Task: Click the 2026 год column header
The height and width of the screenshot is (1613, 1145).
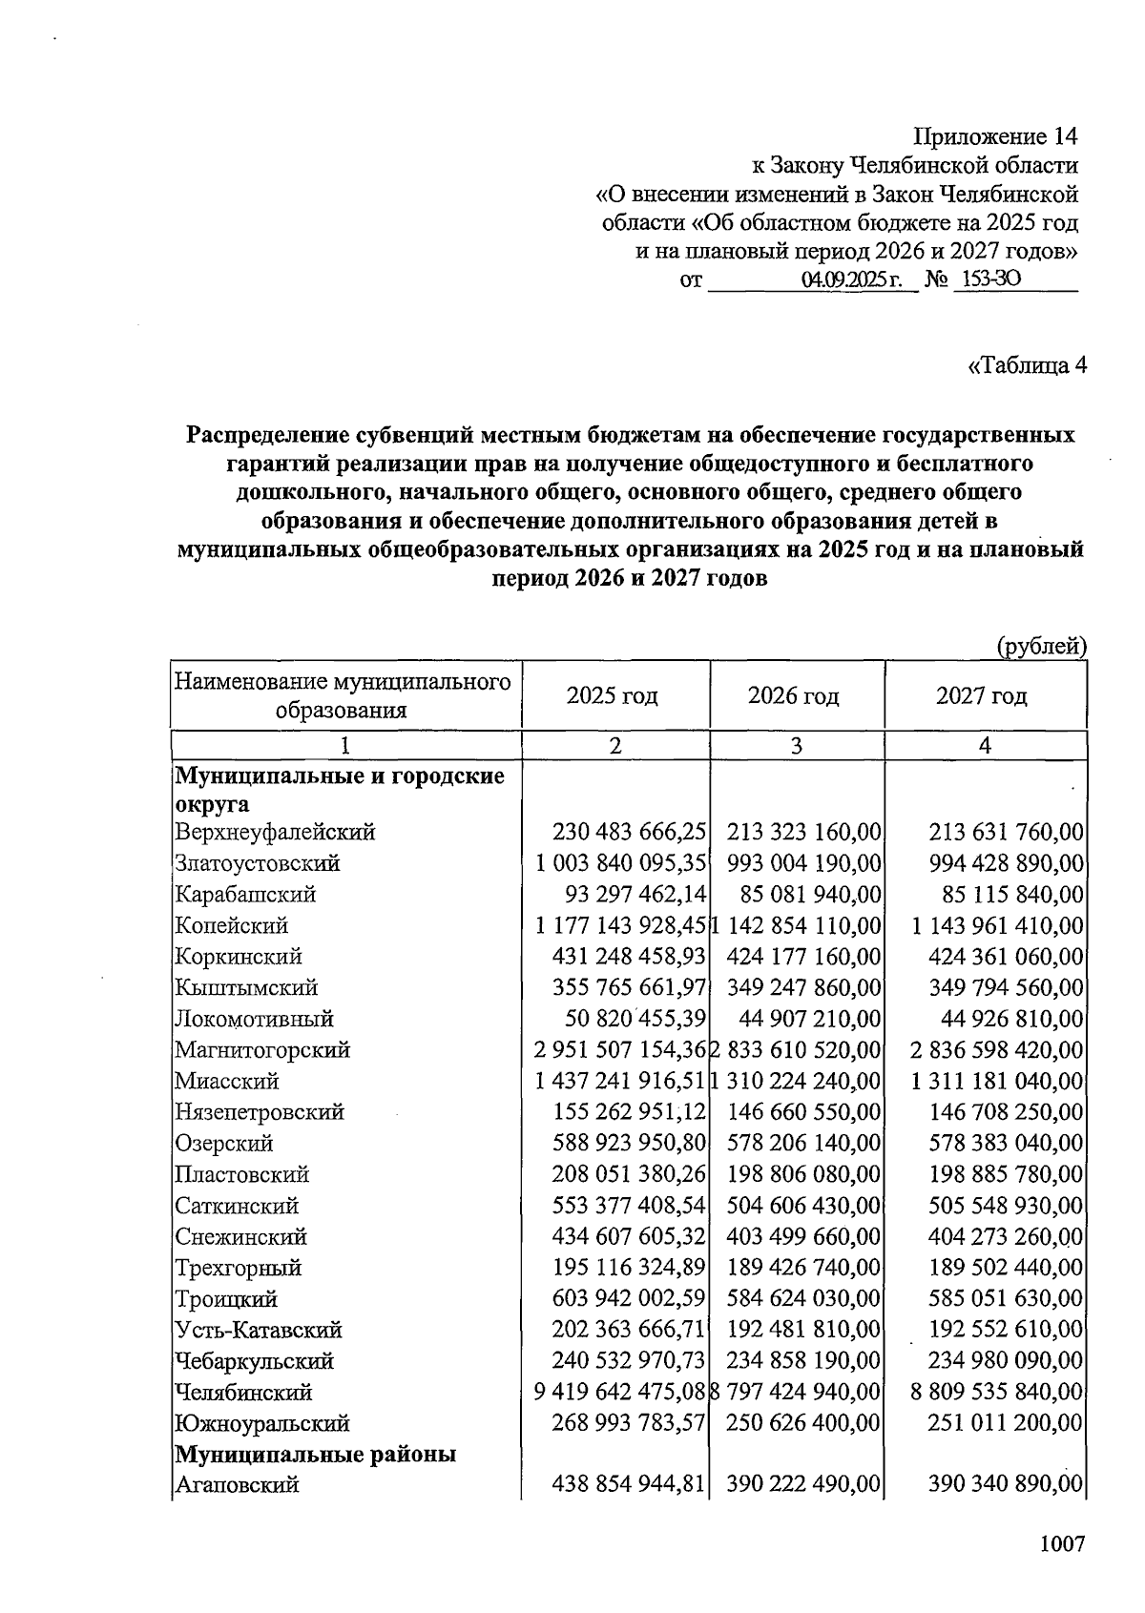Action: tap(794, 695)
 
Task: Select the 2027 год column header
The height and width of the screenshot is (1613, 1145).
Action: tap(982, 695)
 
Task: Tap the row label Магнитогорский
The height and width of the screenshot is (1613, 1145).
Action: tap(262, 1050)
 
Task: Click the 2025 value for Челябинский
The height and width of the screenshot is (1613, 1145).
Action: tap(621, 1393)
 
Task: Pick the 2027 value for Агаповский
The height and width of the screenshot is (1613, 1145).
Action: tap(1006, 1484)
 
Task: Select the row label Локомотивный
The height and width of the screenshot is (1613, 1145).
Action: tap(254, 1019)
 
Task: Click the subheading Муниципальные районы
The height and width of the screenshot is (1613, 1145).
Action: tap(315, 1455)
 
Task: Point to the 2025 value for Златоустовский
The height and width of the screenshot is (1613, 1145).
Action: tap(621, 863)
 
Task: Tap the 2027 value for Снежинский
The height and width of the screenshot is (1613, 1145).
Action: tap(1006, 1237)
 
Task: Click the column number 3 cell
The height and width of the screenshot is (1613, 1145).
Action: tap(796, 746)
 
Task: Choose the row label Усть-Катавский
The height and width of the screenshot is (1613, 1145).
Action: tap(258, 1331)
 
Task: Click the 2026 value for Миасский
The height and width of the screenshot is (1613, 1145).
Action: tap(796, 1082)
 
